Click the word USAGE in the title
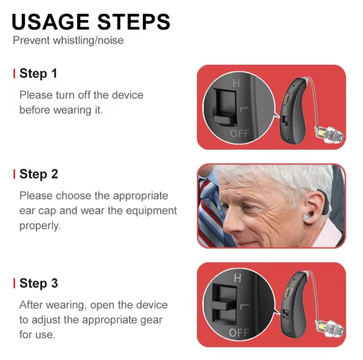(50, 22)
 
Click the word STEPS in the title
(133, 22)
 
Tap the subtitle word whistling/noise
(88, 40)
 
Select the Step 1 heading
(38, 73)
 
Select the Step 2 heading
(39, 174)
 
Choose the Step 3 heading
(39, 283)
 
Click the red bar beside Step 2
(14, 174)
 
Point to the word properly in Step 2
(40, 225)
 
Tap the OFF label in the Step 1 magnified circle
(240, 133)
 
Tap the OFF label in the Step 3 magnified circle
(239, 332)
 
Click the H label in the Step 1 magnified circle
(236, 83)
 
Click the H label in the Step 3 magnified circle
(238, 278)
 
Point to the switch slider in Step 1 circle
(222, 119)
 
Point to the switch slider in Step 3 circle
(222, 305)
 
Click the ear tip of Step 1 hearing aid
(329, 135)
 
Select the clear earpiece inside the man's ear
(306, 217)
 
